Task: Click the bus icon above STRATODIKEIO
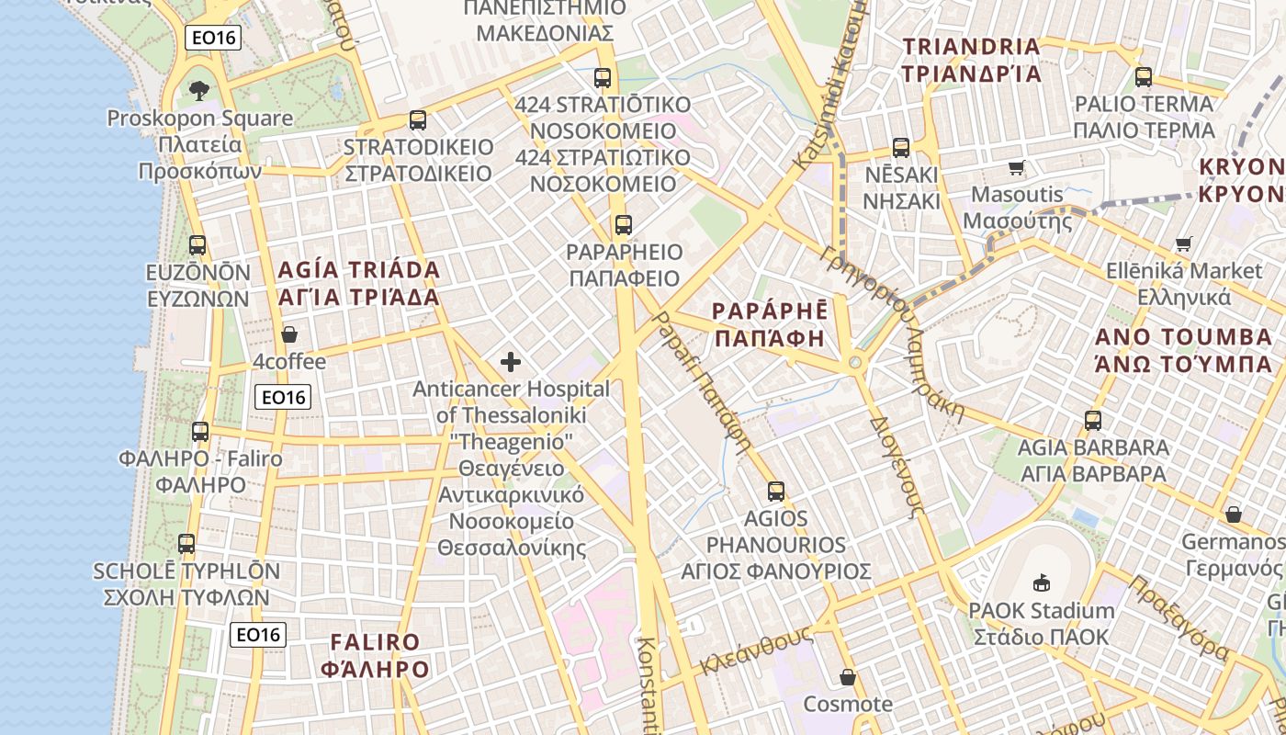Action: pyautogui.click(x=418, y=119)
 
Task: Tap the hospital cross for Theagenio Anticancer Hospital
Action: pyautogui.click(x=511, y=362)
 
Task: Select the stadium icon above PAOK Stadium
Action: pyautogui.click(x=1042, y=582)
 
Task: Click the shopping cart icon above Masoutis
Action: pyautogui.click(x=1017, y=167)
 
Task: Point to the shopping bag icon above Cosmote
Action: pyautogui.click(x=848, y=678)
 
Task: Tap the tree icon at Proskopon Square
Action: pyautogui.click(x=199, y=90)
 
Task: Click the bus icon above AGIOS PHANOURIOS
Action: pyautogui.click(x=776, y=491)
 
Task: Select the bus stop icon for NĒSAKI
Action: pyautogui.click(x=901, y=147)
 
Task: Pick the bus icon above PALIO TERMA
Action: pyautogui.click(x=1144, y=77)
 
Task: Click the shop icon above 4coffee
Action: pyautogui.click(x=289, y=334)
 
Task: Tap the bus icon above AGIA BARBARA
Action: pyautogui.click(x=1093, y=420)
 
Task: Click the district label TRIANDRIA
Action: pyautogui.click(x=972, y=46)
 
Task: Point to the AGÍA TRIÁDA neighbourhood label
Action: pyautogui.click(x=359, y=270)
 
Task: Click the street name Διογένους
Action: pyautogui.click(x=896, y=469)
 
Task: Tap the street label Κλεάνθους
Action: pyautogui.click(x=756, y=650)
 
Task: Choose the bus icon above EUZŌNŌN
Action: pyautogui.click(x=197, y=245)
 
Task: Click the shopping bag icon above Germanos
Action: pyautogui.click(x=1234, y=514)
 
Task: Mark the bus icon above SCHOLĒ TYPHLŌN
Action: pyautogui.click(x=186, y=543)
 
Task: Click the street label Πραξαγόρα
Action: pyautogui.click(x=1179, y=617)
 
